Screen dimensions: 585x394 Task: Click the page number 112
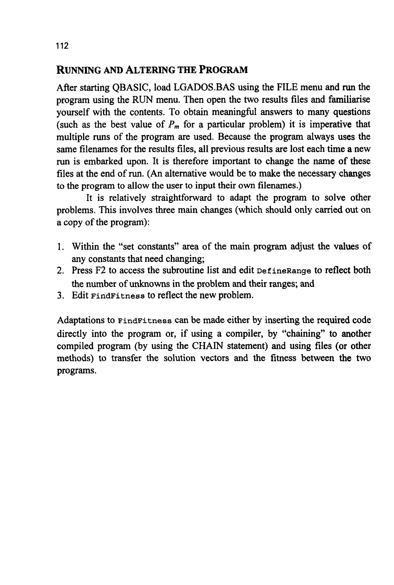(x=62, y=46)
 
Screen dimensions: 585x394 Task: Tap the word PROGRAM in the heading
(x=223, y=70)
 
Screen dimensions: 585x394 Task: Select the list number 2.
(x=60, y=271)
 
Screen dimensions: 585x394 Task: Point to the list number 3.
(x=60, y=295)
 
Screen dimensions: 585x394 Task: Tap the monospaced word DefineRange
(x=284, y=271)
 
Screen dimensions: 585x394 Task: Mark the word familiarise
(x=349, y=100)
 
